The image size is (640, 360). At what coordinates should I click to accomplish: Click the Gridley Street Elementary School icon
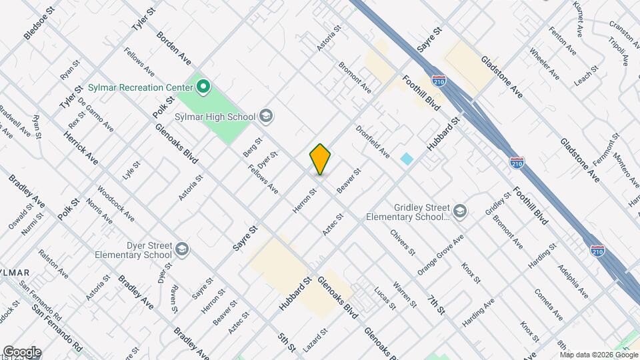tap(460, 211)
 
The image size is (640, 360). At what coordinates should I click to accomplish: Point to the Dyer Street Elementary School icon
tap(182, 250)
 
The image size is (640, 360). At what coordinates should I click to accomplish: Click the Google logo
tap(21, 352)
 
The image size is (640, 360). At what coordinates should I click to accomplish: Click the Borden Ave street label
tap(173, 48)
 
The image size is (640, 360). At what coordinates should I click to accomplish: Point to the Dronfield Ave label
tap(372, 141)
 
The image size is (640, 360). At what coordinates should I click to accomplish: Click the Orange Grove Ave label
tap(440, 255)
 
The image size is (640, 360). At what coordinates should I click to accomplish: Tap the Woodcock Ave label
tap(115, 203)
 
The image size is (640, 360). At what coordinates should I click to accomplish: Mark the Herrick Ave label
tap(81, 147)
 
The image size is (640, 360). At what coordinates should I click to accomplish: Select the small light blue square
tap(407, 159)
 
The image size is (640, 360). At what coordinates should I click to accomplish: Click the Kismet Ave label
tap(578, 18)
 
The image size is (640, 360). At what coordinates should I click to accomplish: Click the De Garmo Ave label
tap(95, 114)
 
